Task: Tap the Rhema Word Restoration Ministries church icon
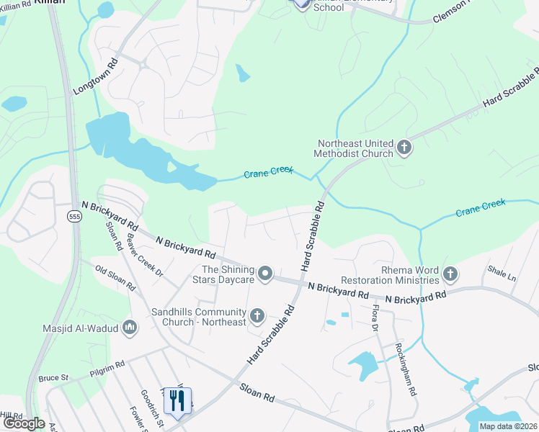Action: tap(450, 274)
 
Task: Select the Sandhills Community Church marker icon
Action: tap(257, 316)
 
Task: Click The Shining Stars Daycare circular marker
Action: tap(265, 273)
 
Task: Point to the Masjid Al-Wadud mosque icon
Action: tap(130, 328)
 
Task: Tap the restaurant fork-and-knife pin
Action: tap(177, 401)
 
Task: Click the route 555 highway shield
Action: tap(74, 216)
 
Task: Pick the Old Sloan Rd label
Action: tap(115, 277)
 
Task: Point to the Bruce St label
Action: tap(53, 377)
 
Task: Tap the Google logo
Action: tap(24, 423)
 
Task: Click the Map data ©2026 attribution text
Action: tap(507, 426)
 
